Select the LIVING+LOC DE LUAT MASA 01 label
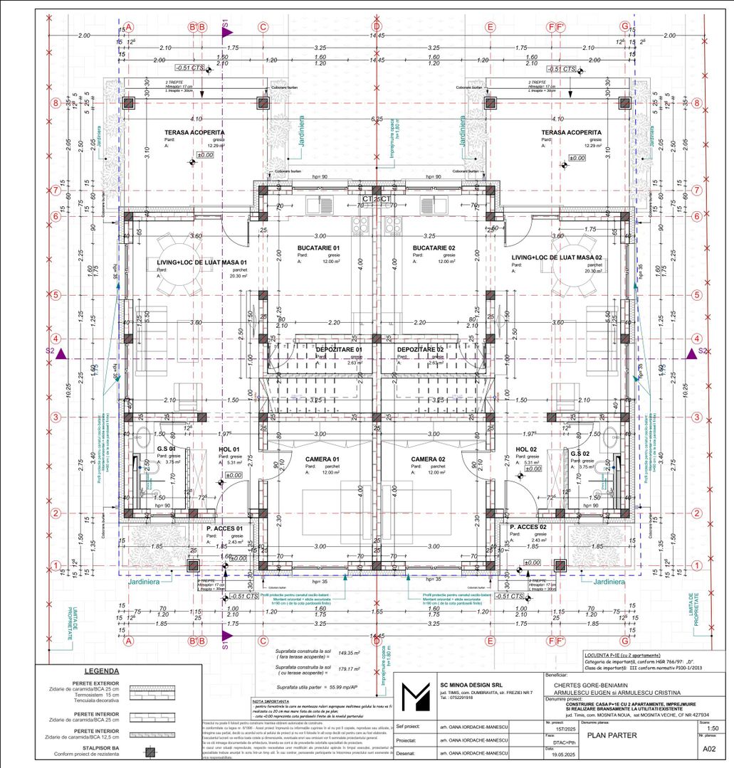(201, 262)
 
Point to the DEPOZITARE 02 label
(420, 350)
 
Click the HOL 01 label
(229, 449)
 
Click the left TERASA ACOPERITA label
(194, 132)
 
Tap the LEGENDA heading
(101, 671)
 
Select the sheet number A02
(709, 750)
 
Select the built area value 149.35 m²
(349, 652)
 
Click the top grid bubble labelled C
(263, 27)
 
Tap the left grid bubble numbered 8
(56, 102)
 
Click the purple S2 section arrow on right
(691, 352)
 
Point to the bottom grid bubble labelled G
(625, 641)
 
